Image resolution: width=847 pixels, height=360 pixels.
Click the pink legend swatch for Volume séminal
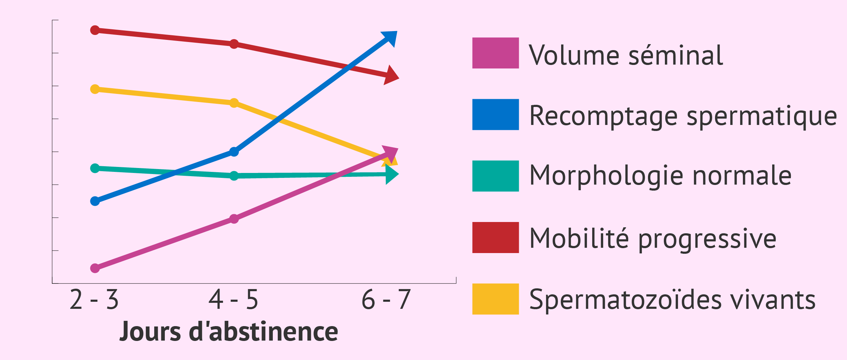(495, 53)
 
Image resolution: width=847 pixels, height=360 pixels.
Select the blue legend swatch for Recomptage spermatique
(495, 114)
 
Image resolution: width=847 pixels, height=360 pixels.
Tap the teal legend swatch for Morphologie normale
(495, 176)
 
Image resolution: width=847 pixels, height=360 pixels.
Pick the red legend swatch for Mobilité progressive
(495, 238)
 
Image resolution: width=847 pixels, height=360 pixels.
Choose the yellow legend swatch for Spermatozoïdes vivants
(495, 299)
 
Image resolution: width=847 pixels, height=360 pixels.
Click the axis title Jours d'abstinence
(229, 332)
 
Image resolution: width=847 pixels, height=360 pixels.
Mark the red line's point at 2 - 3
(95, 30)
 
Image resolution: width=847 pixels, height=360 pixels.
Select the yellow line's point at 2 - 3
(95, 89)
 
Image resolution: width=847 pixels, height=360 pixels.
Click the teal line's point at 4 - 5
(234, 176)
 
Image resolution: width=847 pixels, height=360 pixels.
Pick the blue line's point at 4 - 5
(234, 152)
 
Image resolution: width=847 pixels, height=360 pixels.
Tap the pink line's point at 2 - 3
(95, 268)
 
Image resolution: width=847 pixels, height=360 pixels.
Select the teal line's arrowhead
(391, 174)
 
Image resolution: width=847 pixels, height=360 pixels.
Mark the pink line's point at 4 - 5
(234, 219)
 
